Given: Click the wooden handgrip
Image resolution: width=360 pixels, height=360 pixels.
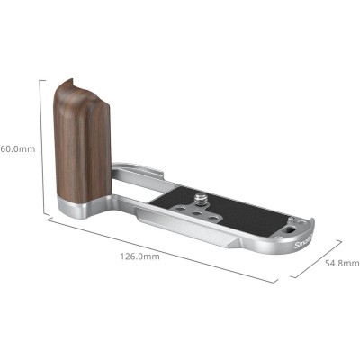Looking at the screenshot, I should click(x=80, y=135).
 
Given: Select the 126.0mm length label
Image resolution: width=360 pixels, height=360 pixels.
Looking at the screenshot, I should click(x=139, y=256).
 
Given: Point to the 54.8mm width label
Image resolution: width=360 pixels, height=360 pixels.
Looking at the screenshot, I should click(x=339, y=263).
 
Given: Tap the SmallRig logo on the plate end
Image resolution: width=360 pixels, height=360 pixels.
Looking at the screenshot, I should click(x=305, y=241).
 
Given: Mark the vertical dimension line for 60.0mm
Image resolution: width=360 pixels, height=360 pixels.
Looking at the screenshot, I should click(x=40, y=144).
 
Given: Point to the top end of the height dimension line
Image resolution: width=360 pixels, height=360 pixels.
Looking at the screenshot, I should click(x=40, y=78).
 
